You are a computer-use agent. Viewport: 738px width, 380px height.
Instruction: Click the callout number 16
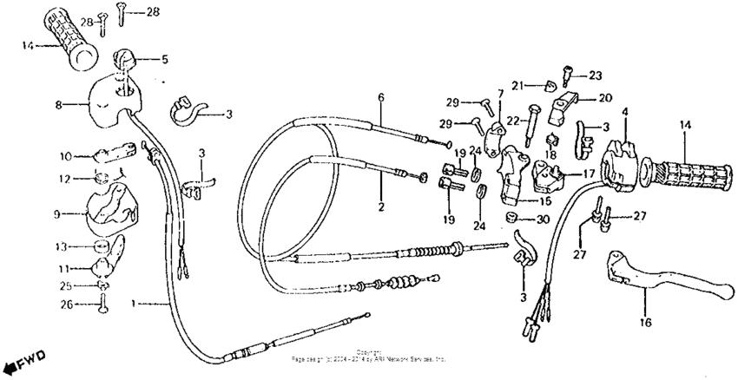645,320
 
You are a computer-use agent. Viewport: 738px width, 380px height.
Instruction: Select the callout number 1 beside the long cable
133,304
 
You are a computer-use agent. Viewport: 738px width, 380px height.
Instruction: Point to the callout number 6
379,97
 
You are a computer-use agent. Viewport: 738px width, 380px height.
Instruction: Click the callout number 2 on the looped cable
380,207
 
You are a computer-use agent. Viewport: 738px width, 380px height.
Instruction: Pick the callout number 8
59,104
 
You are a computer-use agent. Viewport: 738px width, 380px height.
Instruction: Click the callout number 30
543,219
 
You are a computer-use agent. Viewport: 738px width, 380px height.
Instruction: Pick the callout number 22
511,121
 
